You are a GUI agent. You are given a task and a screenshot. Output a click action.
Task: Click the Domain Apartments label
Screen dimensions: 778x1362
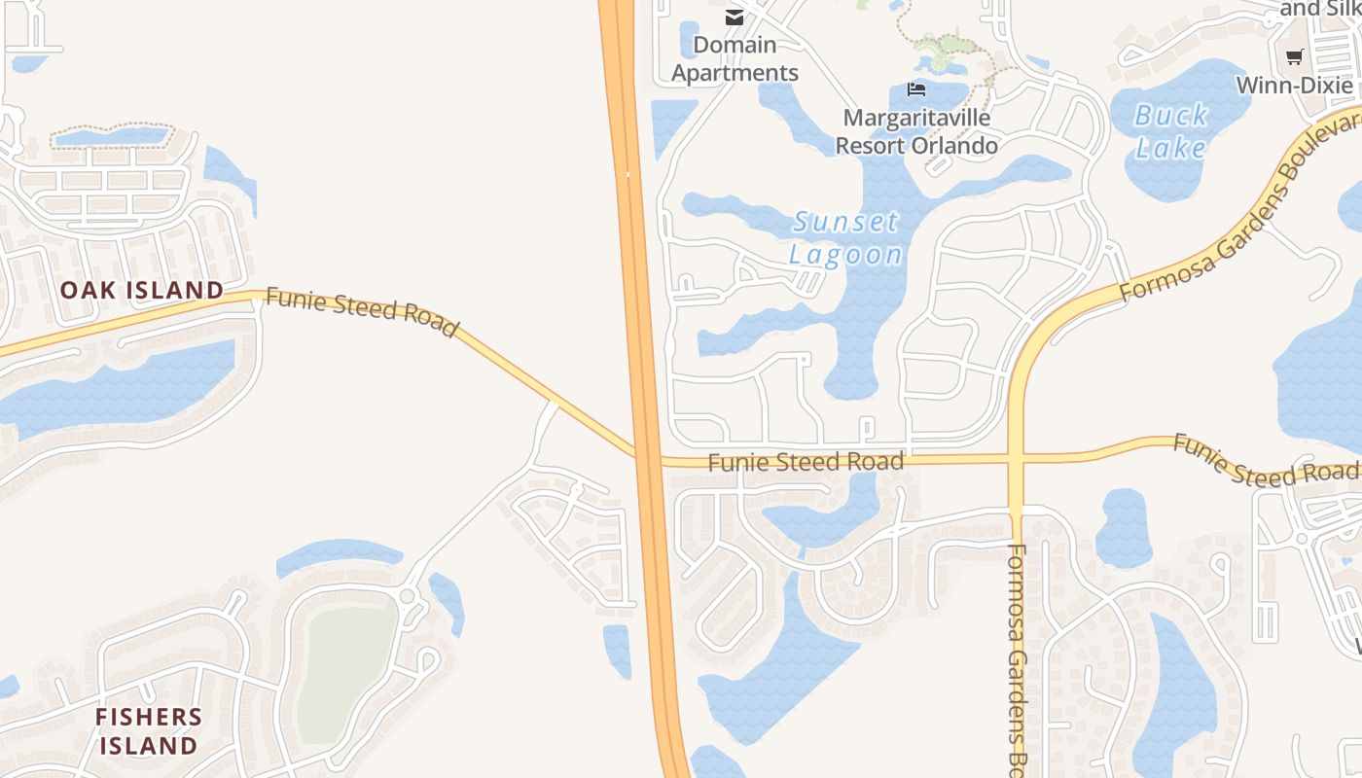tap(735, 58)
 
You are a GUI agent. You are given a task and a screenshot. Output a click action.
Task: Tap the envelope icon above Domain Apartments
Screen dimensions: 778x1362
tap(735, 17)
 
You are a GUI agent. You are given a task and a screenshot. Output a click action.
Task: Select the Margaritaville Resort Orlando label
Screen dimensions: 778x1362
tap(916, 131)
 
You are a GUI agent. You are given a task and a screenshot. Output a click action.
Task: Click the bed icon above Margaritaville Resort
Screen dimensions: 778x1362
tap(915, 89)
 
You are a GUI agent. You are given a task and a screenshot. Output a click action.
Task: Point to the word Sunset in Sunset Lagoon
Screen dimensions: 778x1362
tap(845, 222)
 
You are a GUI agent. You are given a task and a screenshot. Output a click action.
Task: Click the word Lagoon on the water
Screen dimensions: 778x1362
tap(845, 255)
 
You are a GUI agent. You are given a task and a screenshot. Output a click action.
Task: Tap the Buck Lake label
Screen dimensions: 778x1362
tap(1171, 131)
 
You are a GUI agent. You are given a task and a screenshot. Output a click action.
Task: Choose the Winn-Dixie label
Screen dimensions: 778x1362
tap(1294, 86)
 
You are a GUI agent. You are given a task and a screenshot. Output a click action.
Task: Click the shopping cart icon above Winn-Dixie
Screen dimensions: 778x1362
tap(1294, 56)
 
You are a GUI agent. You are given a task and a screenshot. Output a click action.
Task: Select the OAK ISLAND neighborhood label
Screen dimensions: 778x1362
tap(142, 290)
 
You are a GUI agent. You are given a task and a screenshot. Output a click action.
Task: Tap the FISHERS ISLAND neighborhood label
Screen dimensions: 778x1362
tap(149, 731)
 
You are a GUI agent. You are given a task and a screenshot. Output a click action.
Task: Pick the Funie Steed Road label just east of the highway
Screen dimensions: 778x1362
tap(806, 462)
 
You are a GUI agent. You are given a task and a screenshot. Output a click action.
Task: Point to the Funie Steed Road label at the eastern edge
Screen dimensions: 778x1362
tap(1265, 460)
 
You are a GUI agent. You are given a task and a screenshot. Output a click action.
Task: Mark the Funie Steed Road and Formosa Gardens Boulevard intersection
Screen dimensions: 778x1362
tap(1016, 458)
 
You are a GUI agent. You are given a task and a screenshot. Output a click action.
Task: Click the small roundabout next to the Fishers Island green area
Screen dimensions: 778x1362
tap(408, 595)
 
